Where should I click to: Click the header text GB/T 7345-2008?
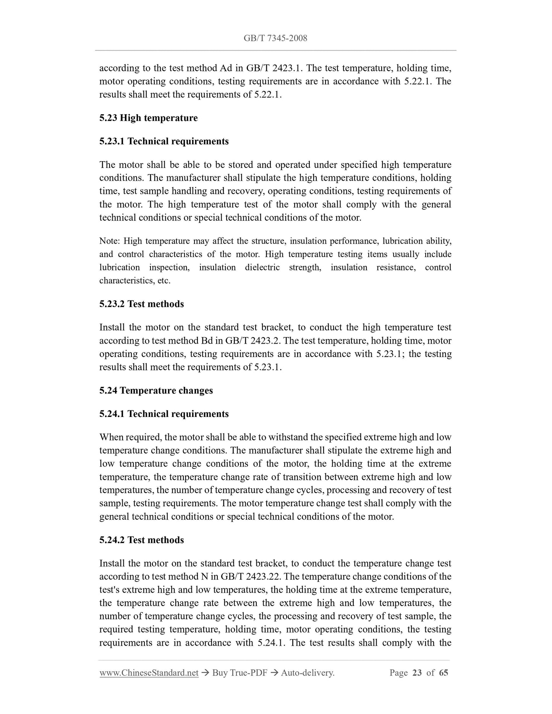275,38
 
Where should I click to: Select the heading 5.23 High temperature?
149,118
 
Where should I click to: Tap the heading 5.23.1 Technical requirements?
164,141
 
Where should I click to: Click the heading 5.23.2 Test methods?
141,304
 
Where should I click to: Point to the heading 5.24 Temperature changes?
156,391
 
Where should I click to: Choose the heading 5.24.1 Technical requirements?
164,414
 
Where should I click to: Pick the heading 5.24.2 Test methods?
141,540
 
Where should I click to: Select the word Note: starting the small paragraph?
110,241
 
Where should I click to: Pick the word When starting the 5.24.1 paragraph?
111,437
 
